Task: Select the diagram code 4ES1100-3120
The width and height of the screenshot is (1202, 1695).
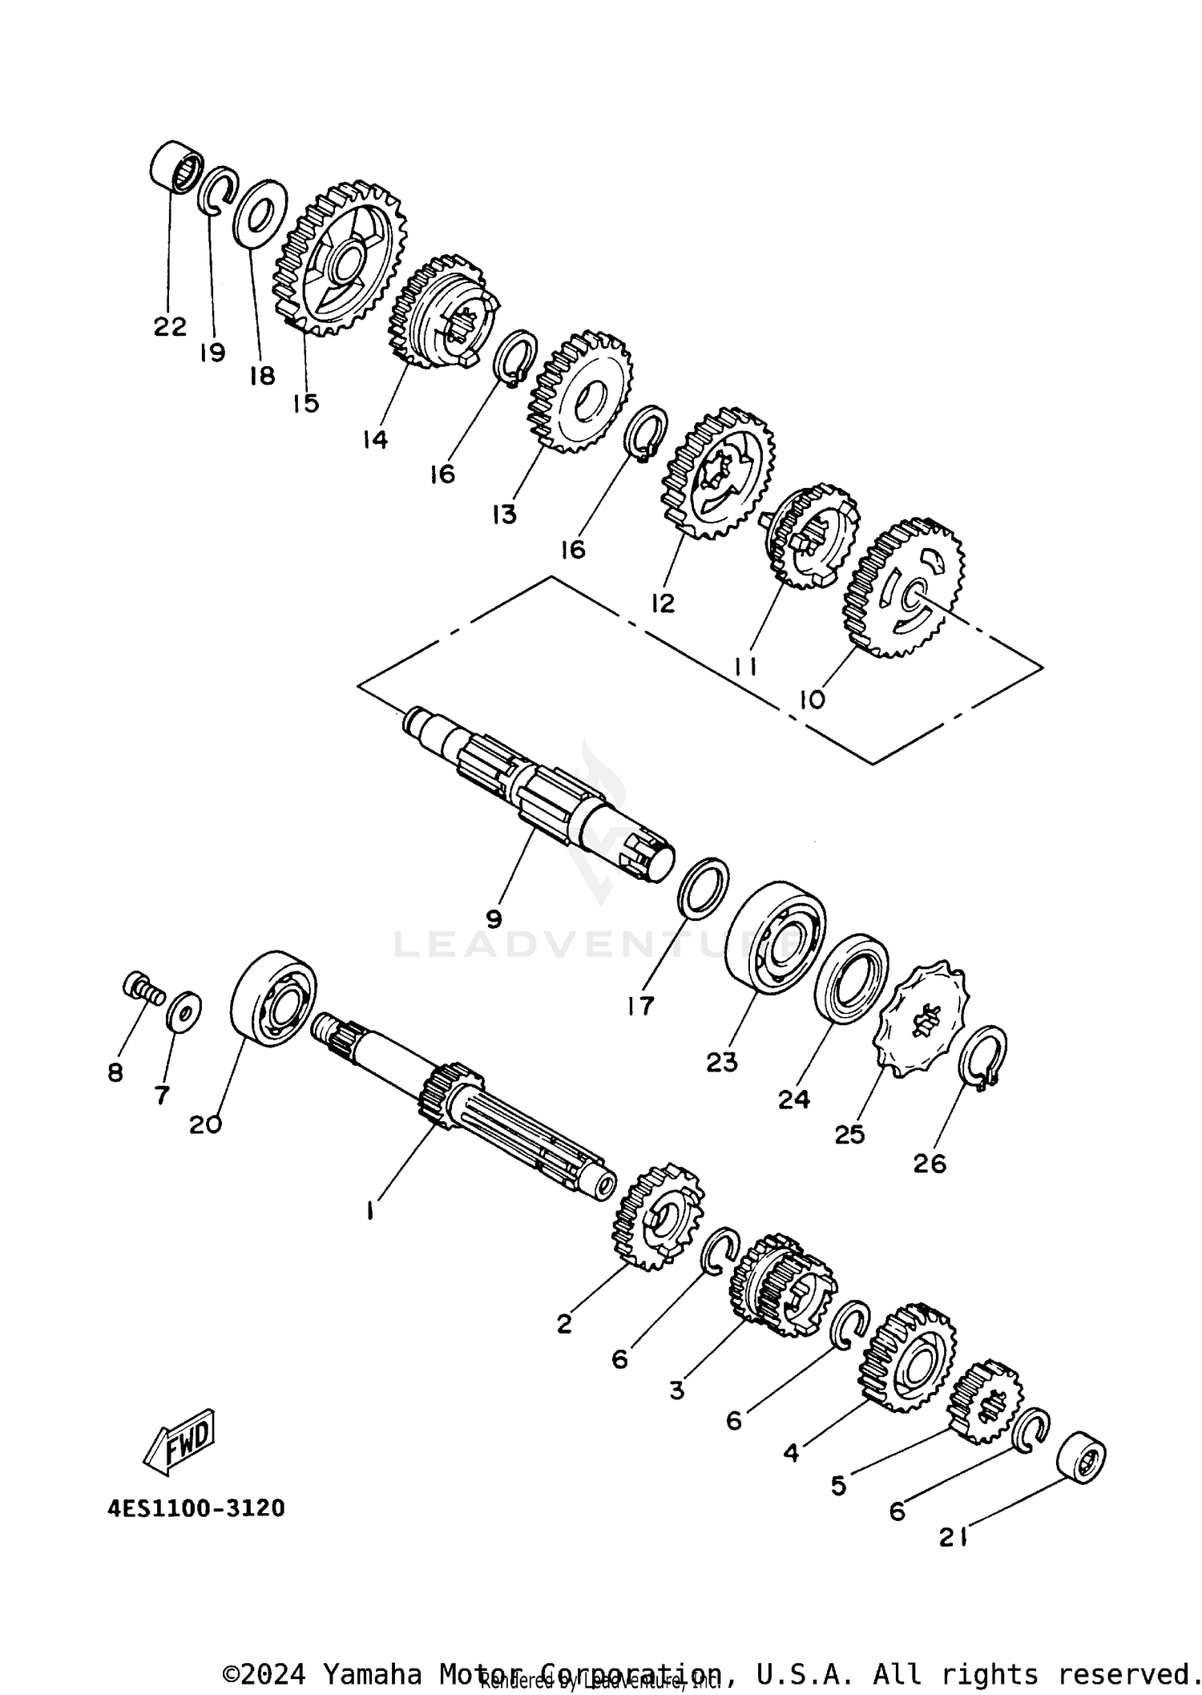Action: [x=196, y=1508]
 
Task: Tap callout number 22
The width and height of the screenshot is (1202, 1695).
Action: [x=170, y=326]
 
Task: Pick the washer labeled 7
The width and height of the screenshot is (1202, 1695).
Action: [x=184, y=1014]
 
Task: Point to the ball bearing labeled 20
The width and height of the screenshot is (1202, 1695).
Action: [x=272, y=999]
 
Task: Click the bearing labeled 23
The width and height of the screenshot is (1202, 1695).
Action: [x=776, y=938]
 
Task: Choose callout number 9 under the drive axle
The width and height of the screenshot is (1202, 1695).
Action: [x=494, y=918]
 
